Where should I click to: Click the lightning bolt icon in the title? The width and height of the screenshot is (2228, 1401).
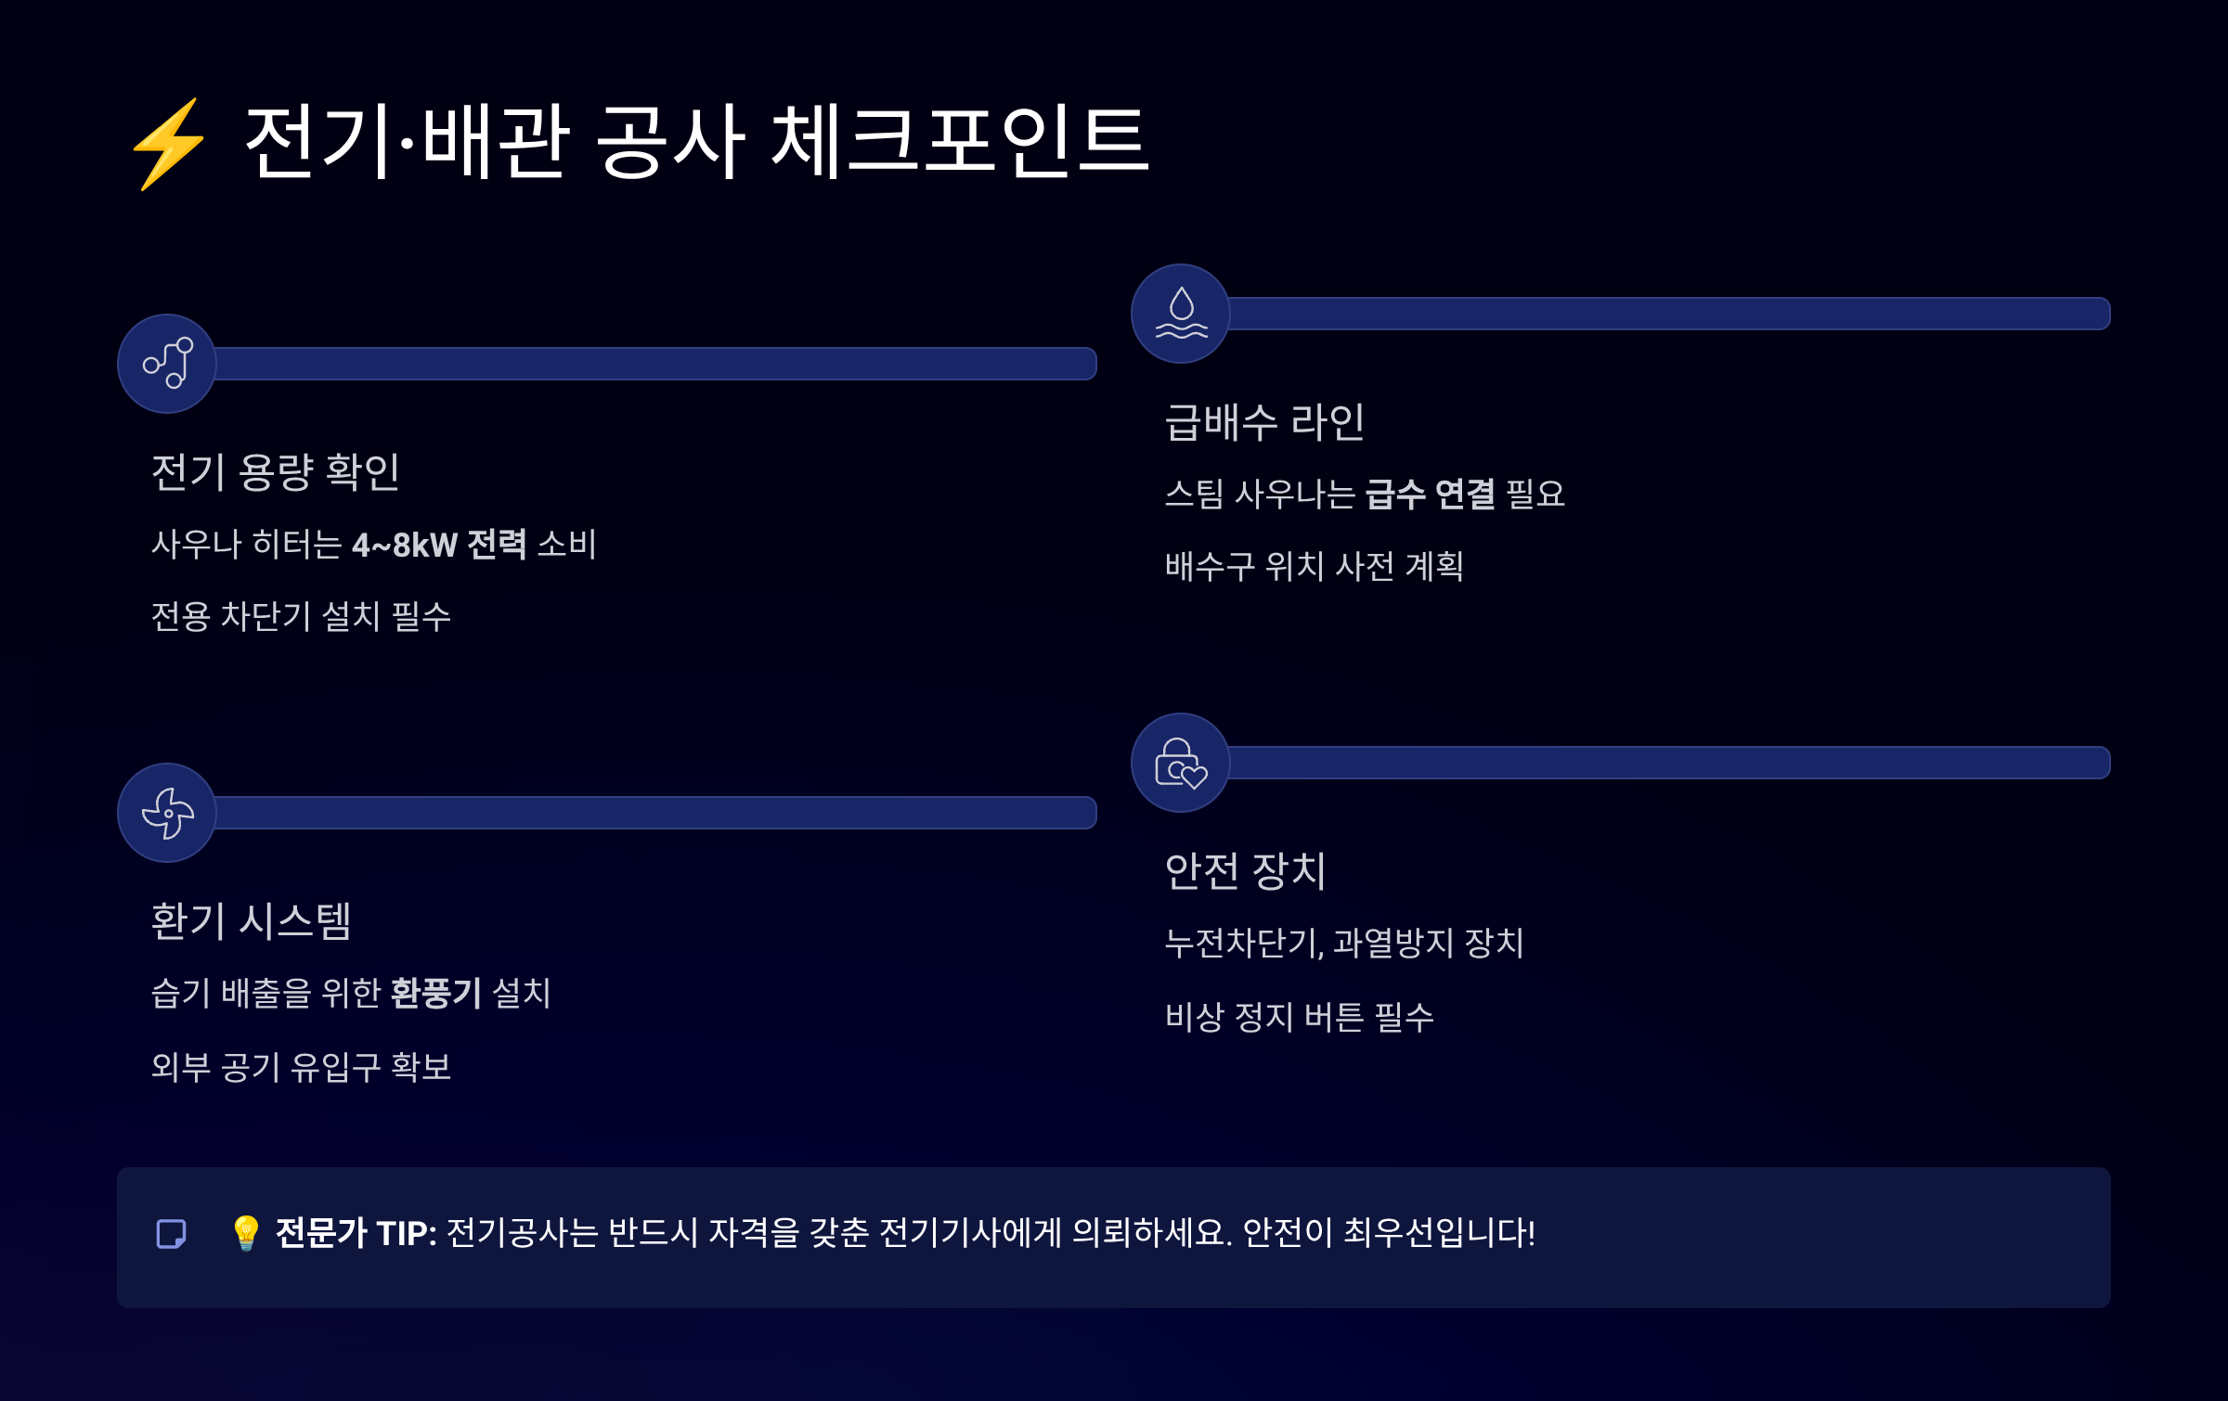pyautogui.click(x=168, y=144)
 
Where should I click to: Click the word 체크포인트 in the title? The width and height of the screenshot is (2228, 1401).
pyautogui.click(x=960, y=142)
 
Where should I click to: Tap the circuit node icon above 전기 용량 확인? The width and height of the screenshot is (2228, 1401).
pyautogui.click(x=167, y=364)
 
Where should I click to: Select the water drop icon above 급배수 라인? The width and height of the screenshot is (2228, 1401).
pyautogui.click(x=1181, y=314)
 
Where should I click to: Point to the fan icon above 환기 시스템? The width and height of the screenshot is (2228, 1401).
pyautogui.click(x=167, y=813)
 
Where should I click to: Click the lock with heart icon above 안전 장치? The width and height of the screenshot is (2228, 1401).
pyautogui.click(x=1181, y=763)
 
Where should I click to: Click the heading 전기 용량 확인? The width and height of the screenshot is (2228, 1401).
pyautogui.click(x=275, y=471)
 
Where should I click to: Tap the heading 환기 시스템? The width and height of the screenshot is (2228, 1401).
pyautogui.click(x=251, y=920)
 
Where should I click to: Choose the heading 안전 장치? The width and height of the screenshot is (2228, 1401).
pyautogui.click(x=1245, y=870)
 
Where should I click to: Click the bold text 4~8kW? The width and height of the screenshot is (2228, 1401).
pyautogui.click(x=405, y=545)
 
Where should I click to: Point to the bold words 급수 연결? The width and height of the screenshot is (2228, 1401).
pyautogui.click(x=1430, y=495)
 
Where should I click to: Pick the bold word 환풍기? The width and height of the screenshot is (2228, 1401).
pyautogui.click(x=435, y=993)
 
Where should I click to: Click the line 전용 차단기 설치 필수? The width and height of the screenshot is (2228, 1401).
pyautogui.click(x=301, y=616)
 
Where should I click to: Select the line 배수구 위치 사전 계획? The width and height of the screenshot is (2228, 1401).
pyautogui.click(x=1315, y=566)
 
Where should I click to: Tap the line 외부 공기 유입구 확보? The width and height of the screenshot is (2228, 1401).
pyautogui.click(x=301, y=1066)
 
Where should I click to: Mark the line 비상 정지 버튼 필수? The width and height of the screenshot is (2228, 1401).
pyautogui.click(x=1299, y=1017)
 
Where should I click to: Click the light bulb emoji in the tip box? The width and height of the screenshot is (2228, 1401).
pyautogui.click(x=246, y=1233)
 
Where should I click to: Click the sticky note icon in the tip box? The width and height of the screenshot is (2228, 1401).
pyautogui.click(x=172, y=1234)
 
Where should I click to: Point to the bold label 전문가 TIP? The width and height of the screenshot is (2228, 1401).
pyautogui.click(x=356, y=1233)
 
